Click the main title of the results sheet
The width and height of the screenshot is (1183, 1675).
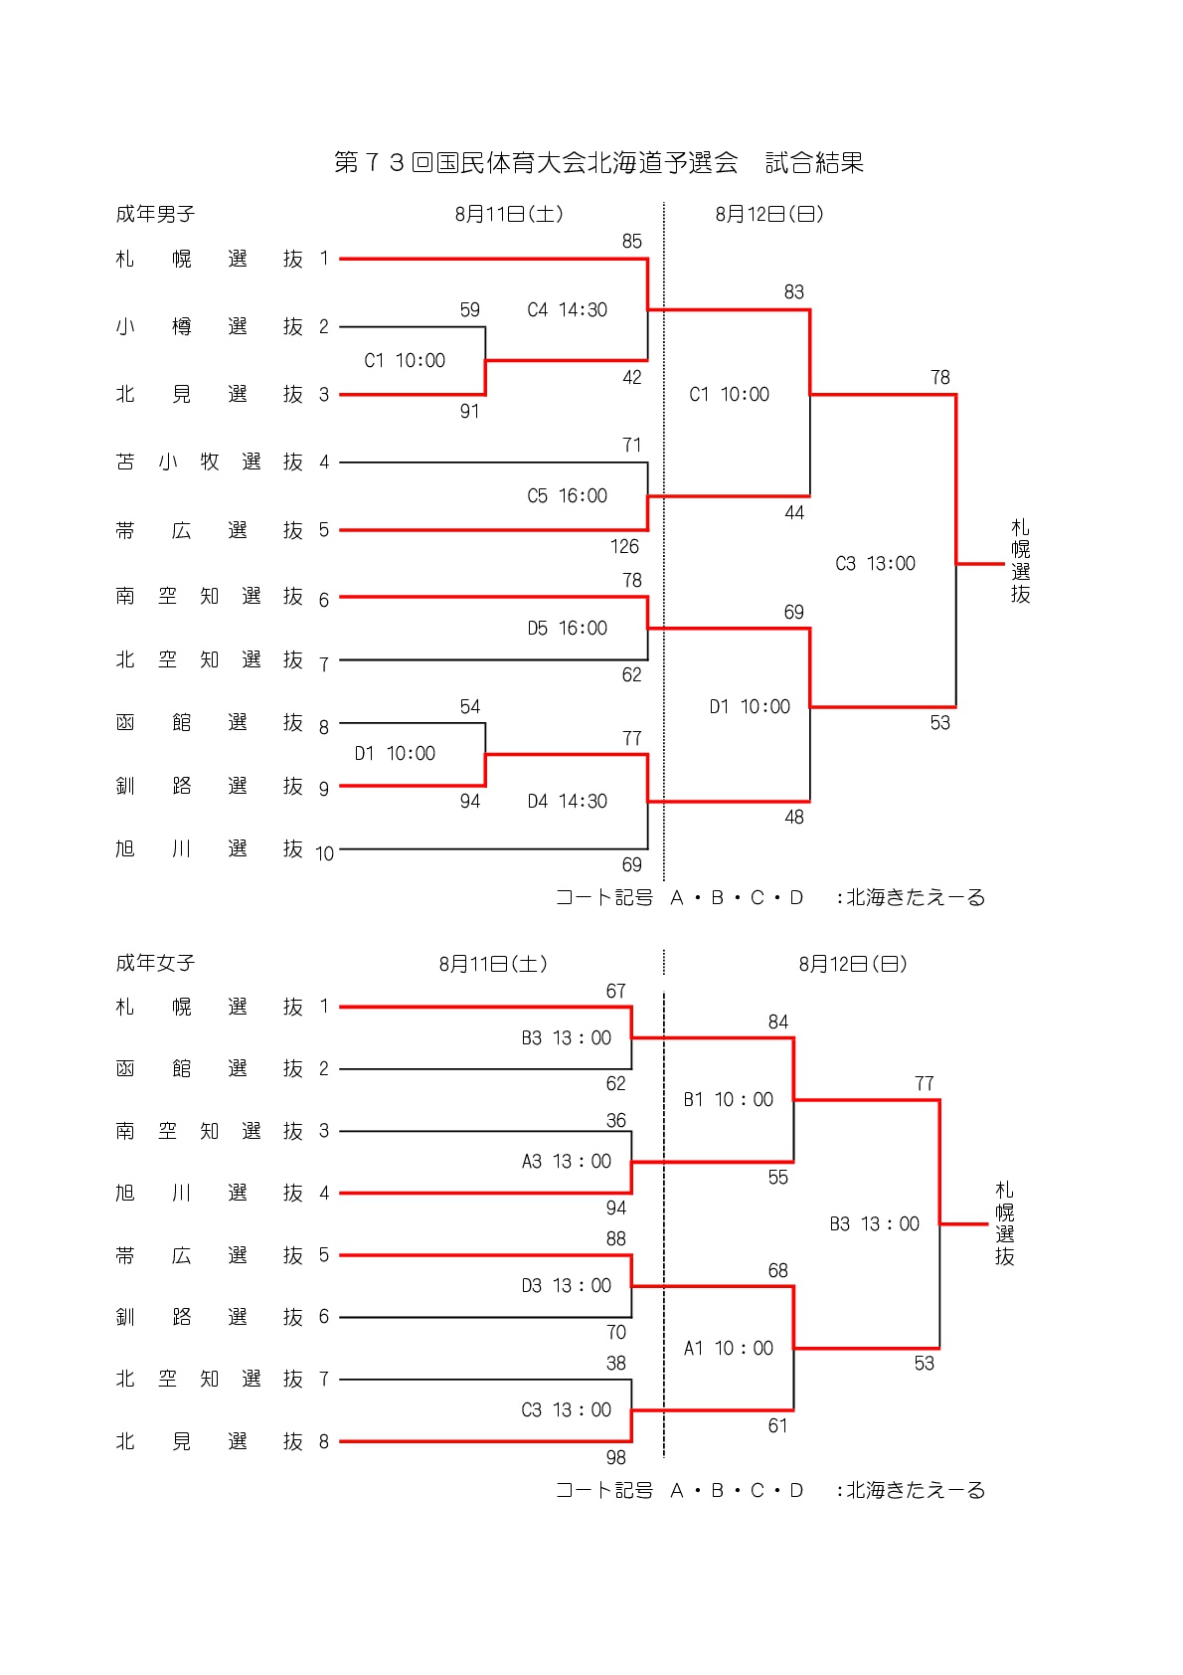point(598,162)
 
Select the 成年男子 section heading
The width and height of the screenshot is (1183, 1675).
point(155,215)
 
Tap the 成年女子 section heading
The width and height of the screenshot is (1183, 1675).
point(155,963)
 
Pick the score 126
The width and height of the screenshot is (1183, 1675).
point(624,547)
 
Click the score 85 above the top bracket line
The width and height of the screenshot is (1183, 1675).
point(632,242)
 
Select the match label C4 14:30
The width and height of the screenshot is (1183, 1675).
point(568,309)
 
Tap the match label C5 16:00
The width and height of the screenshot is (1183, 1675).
point(568,495)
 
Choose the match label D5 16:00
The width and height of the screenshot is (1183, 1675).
point(568,629)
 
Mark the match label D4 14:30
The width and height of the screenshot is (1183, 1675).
point(568,802)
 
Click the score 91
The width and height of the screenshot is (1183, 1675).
point(470,411)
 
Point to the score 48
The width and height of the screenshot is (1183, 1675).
point(794,818)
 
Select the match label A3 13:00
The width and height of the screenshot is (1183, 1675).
point(567,1162)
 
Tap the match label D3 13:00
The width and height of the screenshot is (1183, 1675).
point(567,1285)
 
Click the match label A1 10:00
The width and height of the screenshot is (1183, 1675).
point(729,1348)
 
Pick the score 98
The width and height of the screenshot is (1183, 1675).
point(615,1457)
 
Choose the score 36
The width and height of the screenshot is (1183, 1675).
point(615,1120)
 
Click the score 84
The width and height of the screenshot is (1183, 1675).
point(778,1023)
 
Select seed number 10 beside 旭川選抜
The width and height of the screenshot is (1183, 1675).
point(324,853)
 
